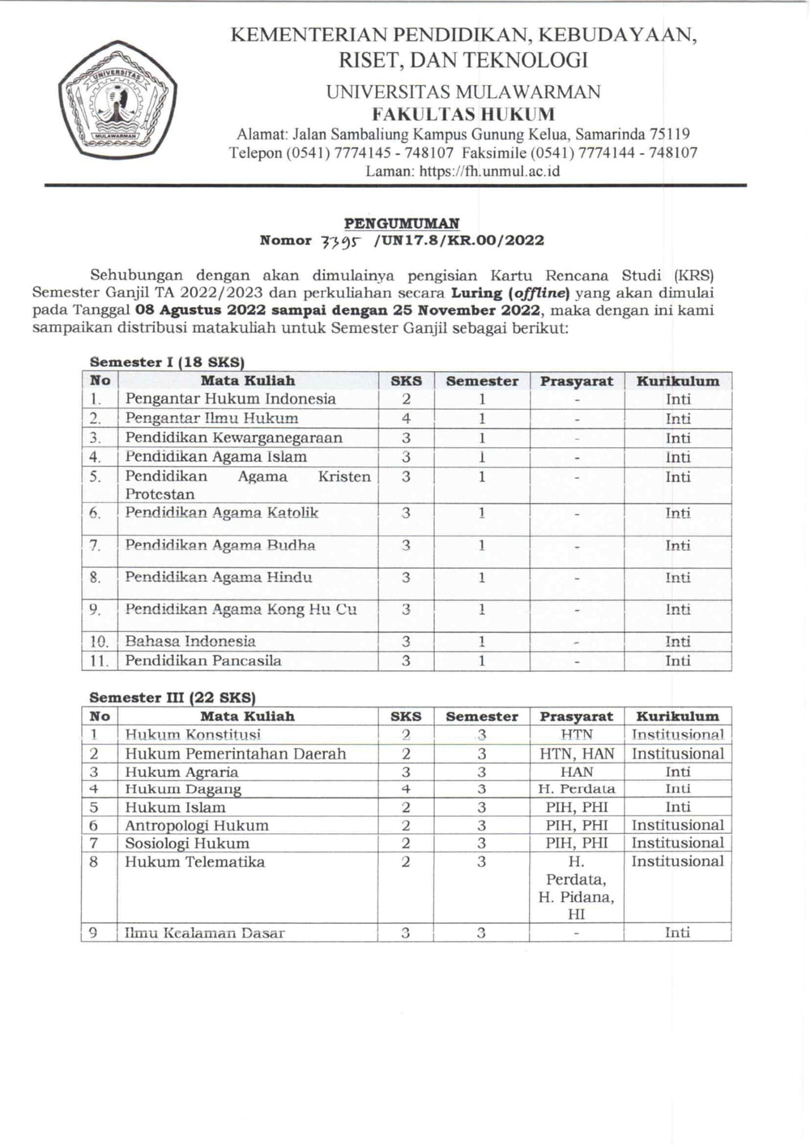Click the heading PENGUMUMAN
[402, 223]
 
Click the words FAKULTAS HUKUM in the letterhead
[463, 113]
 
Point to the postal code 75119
[670, 134]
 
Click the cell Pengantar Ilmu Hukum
[211, 418]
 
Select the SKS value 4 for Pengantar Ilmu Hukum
[406, 418]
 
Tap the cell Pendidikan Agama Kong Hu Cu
[241, 609]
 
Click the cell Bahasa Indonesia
[190, 641]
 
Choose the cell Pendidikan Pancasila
[203, 660]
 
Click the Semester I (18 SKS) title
[167, 362]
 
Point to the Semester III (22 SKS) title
[173, 697]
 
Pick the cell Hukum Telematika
[194, 861]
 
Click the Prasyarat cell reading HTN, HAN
[577, 754]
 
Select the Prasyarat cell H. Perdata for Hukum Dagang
[577, 788]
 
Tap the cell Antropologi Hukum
[196, 825]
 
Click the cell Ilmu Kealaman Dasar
[205, 933]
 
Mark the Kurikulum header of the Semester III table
[677, 716]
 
